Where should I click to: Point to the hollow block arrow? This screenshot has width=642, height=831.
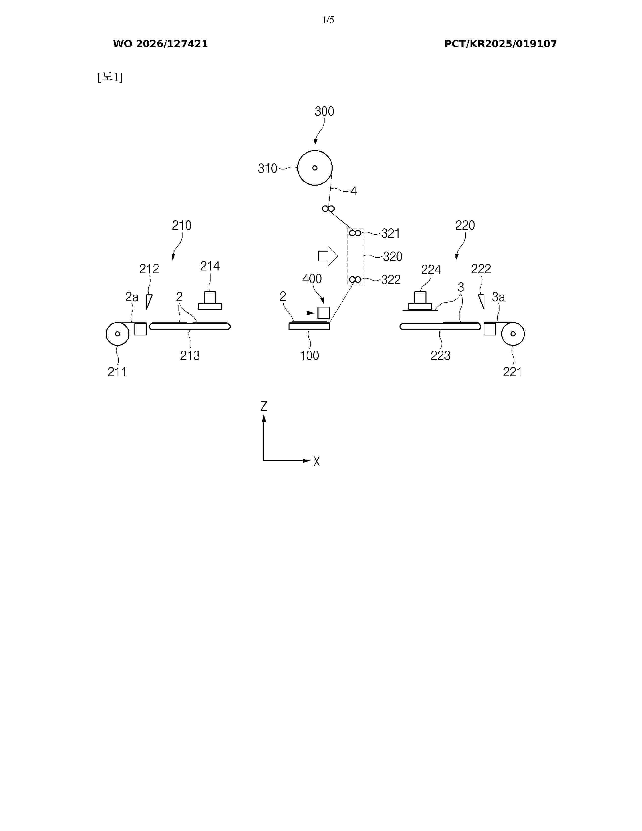click(x=328, y=256)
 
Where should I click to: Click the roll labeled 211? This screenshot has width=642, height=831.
click(x=118, y=334)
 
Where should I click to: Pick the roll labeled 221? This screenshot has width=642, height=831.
click(x=513, y=334)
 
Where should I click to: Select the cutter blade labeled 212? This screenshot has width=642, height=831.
click(x=149, y=302)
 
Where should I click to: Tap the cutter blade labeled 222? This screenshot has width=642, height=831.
click(x=481, y=302)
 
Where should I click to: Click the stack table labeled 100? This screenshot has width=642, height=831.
click(x=309, y=326)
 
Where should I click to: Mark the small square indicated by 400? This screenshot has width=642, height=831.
click(x=324, y=313)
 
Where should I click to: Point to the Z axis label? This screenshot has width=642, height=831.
click(x=264, y=406)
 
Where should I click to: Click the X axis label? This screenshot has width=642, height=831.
click(x=316, y=462)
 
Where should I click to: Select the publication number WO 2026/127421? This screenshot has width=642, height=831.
click(x=161, y=44)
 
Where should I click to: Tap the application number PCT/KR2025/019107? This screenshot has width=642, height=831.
click(x=501, y=44)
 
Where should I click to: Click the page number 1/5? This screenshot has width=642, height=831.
click(x=328, y=20)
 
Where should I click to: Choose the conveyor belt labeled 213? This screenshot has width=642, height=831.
click(x=190, y=326)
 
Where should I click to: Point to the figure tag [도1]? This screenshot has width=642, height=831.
click(x=110, y=77)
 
